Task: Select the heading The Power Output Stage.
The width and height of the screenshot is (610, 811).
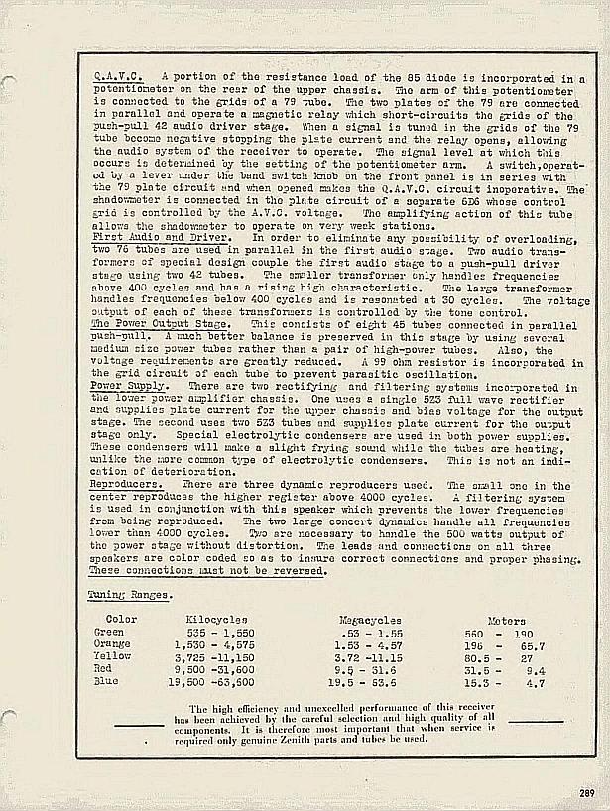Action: pos(160,324)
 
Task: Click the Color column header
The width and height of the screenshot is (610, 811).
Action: pos(122,619)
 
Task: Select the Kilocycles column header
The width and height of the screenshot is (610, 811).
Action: pos(215,619)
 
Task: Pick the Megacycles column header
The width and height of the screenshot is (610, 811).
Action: pos(370,619)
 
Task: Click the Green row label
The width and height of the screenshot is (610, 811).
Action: pos(109,632)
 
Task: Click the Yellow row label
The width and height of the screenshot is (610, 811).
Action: pos(112,657)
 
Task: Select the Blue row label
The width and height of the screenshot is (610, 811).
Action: pos(106,683)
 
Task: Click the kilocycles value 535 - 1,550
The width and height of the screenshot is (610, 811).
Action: pos(220,632)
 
